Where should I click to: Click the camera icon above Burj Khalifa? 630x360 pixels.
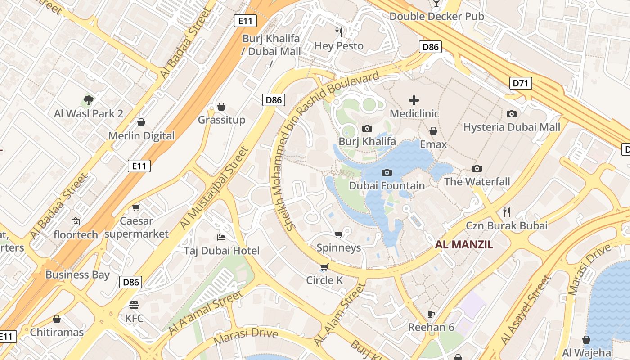point(367,129)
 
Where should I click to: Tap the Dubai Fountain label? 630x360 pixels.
point(387,185)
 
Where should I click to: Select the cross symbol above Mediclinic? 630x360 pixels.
point(414,100)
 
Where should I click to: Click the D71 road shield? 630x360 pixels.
point(521,83)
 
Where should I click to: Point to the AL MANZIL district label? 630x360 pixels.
point(464,245)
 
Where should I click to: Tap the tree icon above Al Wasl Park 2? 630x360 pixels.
point(89,100)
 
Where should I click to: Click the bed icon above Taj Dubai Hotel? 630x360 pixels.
point(221,237)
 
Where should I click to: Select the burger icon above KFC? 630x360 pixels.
point(134,305)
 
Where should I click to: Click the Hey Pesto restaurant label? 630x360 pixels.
point(338,46)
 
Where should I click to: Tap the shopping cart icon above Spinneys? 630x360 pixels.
point(339,234)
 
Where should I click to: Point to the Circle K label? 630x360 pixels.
point(324,280)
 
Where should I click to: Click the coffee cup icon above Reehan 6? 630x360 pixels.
point(431,314)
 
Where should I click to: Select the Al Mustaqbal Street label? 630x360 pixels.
point(214,188)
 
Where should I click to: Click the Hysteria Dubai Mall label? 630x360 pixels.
point(512,127)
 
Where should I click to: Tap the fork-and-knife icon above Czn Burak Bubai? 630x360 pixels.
point(507,212)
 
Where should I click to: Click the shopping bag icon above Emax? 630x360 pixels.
point(433,131)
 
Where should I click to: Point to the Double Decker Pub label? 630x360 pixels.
point(436,16)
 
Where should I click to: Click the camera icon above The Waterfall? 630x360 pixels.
point(477,169)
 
